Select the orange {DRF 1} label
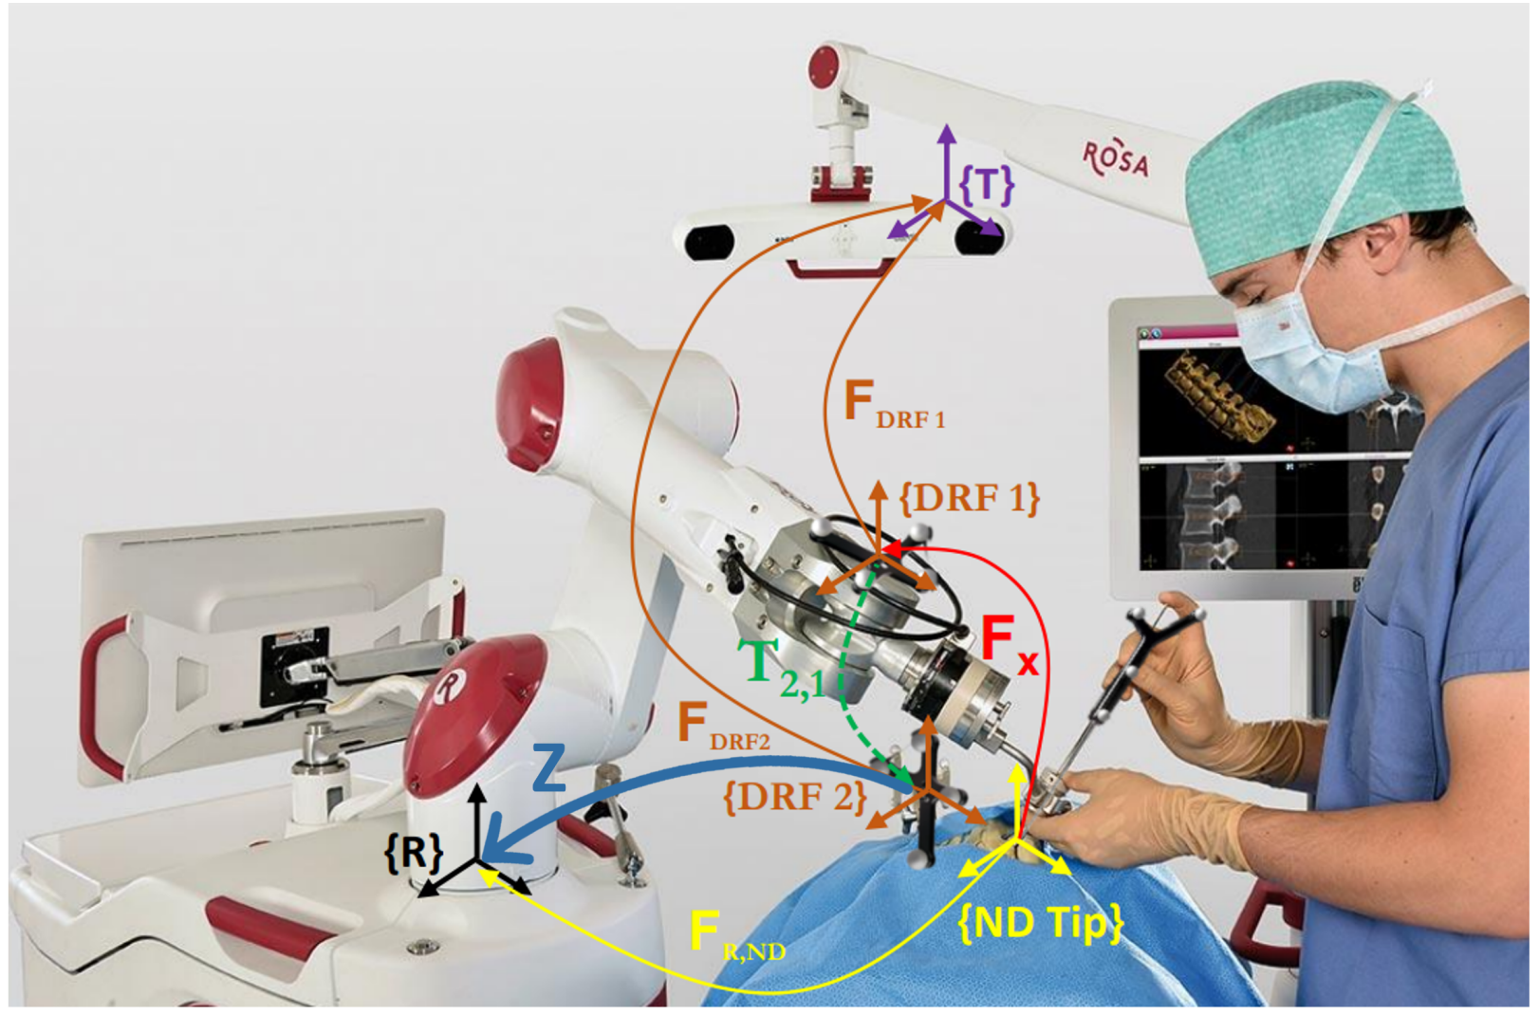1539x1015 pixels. click(969, 497)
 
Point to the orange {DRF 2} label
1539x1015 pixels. click(795, 797)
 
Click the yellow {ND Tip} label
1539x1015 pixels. click(1041, 921)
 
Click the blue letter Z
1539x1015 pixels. click(548, 767)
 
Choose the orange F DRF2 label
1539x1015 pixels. click(722, 729)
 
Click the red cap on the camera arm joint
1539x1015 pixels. click(823, 66)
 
